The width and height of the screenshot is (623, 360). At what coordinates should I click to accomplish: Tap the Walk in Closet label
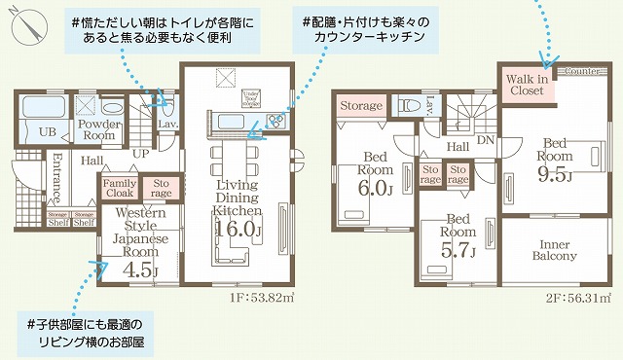tap(527, 84)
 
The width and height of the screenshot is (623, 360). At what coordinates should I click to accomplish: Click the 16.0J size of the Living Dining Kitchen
tap(238, 230)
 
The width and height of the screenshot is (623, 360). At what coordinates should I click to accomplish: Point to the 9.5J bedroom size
tap(556, 174)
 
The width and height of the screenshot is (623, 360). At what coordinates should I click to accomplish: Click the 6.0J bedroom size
tap(377, 187)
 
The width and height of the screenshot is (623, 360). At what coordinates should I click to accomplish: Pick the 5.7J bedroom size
tap(457, 251)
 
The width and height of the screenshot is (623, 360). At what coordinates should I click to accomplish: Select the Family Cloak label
tap(120, 189)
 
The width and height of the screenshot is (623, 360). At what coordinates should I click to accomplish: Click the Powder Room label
tap(98, 130)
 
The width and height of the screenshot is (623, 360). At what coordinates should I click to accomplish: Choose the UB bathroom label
tap(45, 132)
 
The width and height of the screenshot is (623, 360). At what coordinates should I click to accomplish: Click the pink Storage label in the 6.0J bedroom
tap(360, 105)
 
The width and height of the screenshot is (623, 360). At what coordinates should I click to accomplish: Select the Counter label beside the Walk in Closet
tap(580, 71)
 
